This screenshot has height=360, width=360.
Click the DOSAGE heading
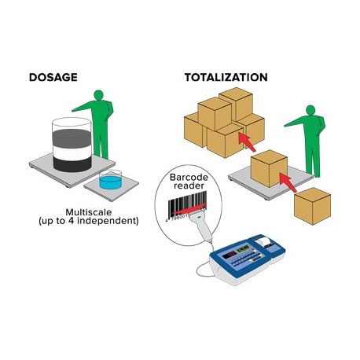point(53,77)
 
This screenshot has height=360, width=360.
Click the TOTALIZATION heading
point(226,77)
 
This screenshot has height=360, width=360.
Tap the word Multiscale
point(89,212)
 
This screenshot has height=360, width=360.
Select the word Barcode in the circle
point(189,177)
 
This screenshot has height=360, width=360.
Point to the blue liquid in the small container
point(111,182)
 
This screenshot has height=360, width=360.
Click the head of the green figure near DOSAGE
point(99,94)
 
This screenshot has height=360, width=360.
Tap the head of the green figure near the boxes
point(310,110)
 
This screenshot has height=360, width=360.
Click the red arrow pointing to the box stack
point(247,142)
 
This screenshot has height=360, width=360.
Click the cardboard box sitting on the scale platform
point(269,168)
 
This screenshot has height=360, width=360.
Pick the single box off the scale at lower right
point(312,206)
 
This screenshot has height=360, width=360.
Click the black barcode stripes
point(187,205)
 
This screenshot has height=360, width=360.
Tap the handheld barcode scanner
point(202,225)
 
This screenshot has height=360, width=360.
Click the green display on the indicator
point(243,249)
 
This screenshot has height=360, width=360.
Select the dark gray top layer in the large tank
point(72,138)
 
